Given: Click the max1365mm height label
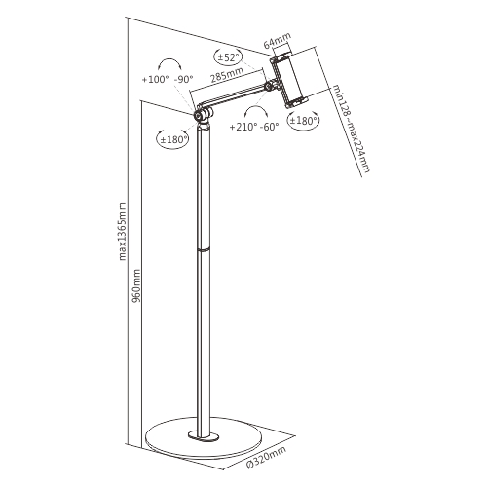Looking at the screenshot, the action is click(x=122, y=231).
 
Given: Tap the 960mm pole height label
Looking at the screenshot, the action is click(x=136, y=285).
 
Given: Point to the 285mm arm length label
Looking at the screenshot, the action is click(x=227, y=75).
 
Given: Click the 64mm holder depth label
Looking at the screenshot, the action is click(x=277, y=40).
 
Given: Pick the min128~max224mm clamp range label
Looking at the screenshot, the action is click(x=352, y=129).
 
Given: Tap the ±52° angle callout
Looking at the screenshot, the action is click(x=228, y=57).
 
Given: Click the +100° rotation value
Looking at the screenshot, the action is click(x=156, y=79).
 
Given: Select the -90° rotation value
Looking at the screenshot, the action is click(x=183, y=79).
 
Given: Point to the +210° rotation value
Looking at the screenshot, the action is click(x=243, y=127).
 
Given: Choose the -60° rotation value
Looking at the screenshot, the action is click(x=270, y=127).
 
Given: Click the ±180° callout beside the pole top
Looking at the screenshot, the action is click(x=174, y=139).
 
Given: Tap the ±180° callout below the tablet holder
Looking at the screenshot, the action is click(x=303, y=121).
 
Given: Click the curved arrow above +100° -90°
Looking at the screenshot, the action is click(x=169, y=61).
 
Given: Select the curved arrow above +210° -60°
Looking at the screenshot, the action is click(x=256, y=109).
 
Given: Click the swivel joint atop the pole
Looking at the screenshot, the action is click(x=203, y=115).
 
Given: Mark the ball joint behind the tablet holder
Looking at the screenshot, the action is click(x=269, y=86).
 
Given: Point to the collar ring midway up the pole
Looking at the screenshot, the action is click(x=204, y=249).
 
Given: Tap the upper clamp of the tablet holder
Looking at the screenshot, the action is click(x=281, y=57).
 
